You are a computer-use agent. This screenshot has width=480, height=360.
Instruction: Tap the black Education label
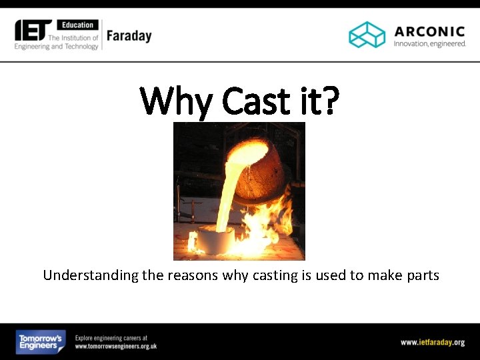tap(78, 25)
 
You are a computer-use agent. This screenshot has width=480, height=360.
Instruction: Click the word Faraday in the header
tap(129, 36)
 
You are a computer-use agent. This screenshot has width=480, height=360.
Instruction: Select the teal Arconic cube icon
tap(367, 35)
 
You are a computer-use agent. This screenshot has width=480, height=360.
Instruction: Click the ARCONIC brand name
tap(429, 31)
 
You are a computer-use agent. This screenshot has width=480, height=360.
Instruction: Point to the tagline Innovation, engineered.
tap(429, 44)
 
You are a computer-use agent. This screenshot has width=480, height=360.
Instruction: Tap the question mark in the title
tap(330, 101)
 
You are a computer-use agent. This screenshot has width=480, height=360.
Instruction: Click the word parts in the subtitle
tap(423, 275)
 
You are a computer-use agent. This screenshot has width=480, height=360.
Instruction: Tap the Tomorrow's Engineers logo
tap(41, 342)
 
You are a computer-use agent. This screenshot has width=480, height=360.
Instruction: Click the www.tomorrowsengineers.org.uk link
tap(115, 347)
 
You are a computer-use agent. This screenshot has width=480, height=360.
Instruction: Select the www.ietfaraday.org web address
tap(432, 343)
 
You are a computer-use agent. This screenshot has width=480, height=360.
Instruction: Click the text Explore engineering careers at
tap(111, 338)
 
